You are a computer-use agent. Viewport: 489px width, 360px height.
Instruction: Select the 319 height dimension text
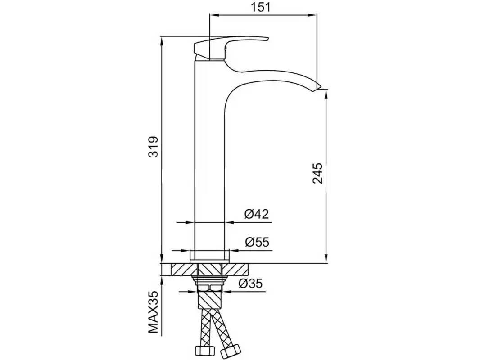[x=153, y=147]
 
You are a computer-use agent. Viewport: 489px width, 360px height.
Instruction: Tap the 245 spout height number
[x=317, y=173]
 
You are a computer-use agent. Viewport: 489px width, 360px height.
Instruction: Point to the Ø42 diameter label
[x=256, y=214]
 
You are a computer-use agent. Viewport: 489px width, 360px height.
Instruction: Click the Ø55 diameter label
[x=257, y=242]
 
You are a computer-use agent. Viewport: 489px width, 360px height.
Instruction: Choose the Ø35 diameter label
[x=250, y=283]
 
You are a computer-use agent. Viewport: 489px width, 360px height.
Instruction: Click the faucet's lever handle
[x=231, y=48]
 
